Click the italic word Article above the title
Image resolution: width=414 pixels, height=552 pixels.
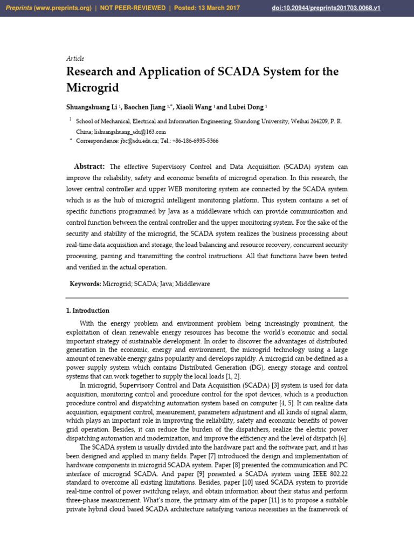coord(75,58)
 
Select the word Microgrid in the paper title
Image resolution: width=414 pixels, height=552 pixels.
coord(92,87)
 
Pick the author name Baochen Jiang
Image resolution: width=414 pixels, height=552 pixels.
coord(148,107)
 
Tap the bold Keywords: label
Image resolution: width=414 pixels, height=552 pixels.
coord(85,284)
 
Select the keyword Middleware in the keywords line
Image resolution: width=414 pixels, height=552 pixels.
coord(192,284)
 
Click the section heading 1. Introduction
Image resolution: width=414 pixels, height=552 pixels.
coord(87,310)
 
